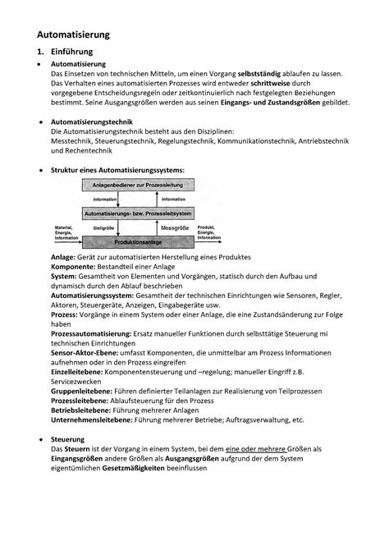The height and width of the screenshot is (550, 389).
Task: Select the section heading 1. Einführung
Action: tap(68, 53)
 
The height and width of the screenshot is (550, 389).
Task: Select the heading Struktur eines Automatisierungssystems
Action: tap(118, 170)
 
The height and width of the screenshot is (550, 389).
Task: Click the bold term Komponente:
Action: tap(75, 268)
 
